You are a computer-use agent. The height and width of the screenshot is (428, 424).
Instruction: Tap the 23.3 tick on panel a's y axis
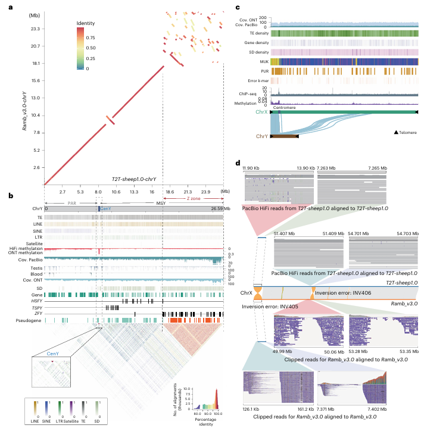35,29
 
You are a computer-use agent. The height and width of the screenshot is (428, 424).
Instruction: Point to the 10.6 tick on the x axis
116,192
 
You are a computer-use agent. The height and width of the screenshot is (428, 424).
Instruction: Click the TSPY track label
37,307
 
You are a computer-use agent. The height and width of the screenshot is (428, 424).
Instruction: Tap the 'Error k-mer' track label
255,79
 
